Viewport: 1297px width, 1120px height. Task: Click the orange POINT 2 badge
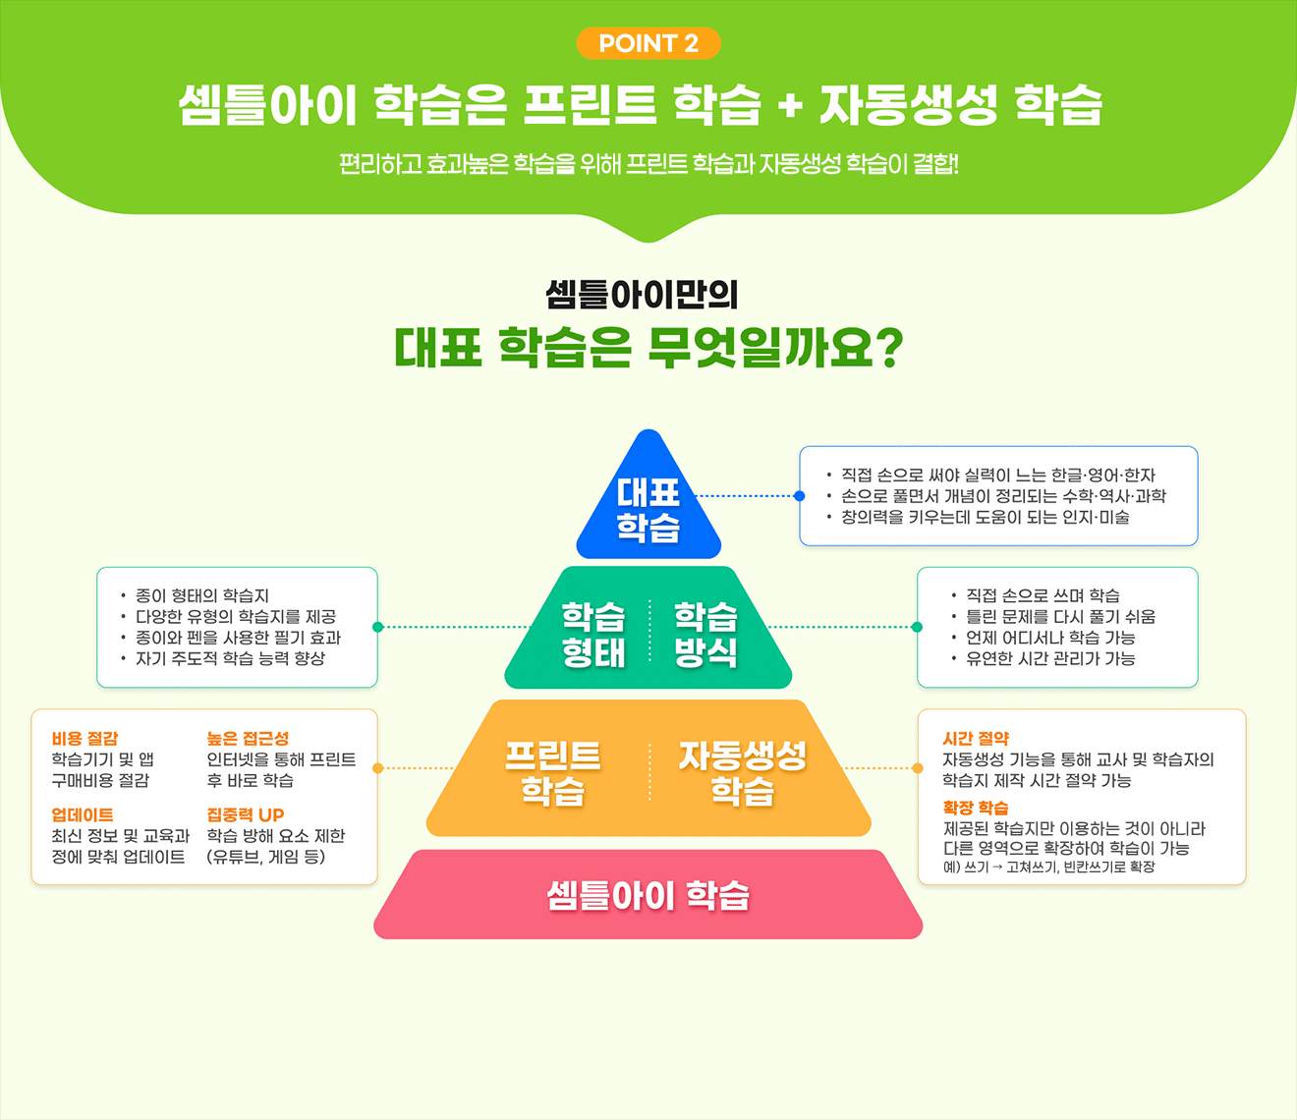(x=648, y=43)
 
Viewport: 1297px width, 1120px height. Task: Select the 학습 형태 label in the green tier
(x=593, y=634)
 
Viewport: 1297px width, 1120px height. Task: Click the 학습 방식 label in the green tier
(x=705, y=634)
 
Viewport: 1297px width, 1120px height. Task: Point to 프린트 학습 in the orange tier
(x=552, y=772)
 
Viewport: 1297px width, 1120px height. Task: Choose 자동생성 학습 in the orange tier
(x=743, y=772)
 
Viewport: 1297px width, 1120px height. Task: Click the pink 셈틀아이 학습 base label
(x=648, y=895)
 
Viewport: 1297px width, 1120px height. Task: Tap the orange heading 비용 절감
(x=85, y=738)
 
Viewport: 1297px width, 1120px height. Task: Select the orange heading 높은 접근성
(x=248, y=738)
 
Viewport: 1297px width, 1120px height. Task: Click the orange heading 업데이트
(x=83, y=814)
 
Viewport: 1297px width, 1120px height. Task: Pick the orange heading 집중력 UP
(x=246, y=814)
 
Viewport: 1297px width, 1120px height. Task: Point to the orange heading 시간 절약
(x=976, y=738)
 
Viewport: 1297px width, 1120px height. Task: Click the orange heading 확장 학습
(x=976, y=808)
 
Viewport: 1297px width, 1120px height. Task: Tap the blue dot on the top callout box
(x=800, y=496)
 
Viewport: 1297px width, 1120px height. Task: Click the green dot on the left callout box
(x=377, y=627)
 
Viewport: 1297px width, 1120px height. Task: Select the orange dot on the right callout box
(x=918, y=768)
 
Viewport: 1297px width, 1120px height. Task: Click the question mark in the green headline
(x=887, y=349)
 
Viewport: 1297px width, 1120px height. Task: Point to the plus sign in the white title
(x=790, y=106)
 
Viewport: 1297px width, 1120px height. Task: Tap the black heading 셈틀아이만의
(x=642, y=294)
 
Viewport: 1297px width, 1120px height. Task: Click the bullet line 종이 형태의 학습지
(x=202, y=595)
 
